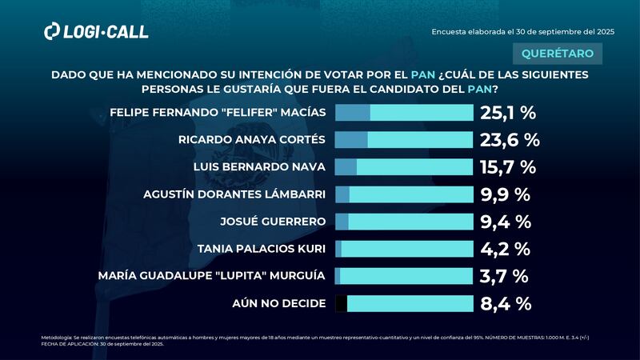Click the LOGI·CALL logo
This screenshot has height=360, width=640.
(x=96, y=31)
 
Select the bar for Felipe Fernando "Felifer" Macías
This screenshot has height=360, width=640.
(x=404, y=113)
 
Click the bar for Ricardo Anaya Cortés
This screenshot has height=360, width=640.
(x=404, y=140)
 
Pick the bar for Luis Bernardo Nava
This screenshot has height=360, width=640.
(x=404, y=167)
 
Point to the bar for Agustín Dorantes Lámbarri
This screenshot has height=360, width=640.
(x=404, y=194)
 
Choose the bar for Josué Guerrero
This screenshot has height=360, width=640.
(x=404, y=222)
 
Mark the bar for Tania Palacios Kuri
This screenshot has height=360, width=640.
(x=404, y=249)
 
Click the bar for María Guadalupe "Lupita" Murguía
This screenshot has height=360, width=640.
(x=404, y=276)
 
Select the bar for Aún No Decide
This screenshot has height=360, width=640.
(x=404, y=303)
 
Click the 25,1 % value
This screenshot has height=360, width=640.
(x=508, y=113)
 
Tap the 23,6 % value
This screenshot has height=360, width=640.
(x=510, y=140)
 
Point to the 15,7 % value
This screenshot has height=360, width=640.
(x=507, y=167)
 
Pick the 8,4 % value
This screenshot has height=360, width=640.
(x=506, y=303)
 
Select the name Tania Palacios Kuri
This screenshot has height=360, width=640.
(x=262, y=249)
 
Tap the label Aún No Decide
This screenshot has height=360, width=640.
(x=278, y=303)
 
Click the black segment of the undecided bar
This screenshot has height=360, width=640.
(x=341, y=303)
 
